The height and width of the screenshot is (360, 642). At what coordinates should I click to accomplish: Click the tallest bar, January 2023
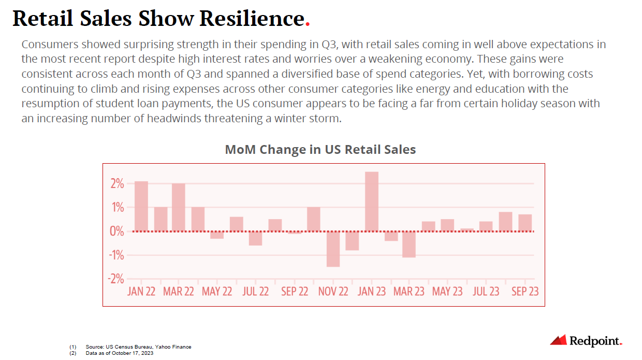point(372,201)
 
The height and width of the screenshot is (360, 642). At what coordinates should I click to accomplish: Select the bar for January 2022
point(141,206)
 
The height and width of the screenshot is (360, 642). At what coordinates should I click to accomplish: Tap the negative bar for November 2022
point(333,249)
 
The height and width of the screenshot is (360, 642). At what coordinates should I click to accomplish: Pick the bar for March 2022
point(179,207)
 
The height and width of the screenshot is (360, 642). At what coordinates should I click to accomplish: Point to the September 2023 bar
point(525,223)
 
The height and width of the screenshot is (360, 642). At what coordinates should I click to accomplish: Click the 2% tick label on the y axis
point(116,184)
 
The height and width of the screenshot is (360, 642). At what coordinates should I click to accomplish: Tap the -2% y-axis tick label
point(115,279)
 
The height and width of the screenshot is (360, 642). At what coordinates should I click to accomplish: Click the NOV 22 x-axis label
point(333,292)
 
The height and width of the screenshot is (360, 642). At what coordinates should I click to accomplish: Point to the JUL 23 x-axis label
point(486,292)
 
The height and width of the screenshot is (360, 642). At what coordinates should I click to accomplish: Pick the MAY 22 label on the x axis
point(217,292)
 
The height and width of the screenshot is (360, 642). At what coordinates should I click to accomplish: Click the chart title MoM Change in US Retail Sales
point(320,150)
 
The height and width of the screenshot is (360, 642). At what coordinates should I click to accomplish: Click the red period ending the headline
point(308,24)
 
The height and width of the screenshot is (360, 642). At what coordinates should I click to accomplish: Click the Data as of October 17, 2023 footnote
point(120,353)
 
